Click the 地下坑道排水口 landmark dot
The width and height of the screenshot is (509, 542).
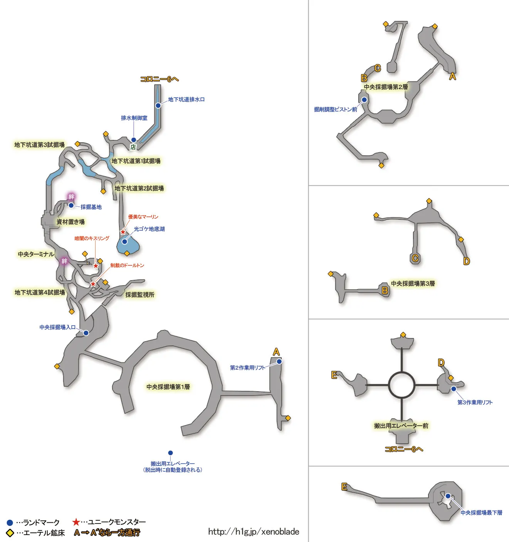click(x=158, y=105)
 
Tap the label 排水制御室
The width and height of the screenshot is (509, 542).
click(x=134, y=118)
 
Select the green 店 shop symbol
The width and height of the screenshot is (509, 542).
click(x=133, y=147)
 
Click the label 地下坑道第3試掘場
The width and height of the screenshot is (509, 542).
click(x=39, y=145)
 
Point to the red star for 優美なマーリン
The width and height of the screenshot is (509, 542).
click(x=123, y=232)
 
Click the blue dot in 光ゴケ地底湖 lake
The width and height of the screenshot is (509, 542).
click(x=125, y=242)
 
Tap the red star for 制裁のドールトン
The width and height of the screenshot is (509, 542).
click(x=93, y=284)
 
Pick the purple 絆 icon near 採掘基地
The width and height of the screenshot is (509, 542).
click(x=71, y=197)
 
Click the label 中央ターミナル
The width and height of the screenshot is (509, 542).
click(x=36, y=254)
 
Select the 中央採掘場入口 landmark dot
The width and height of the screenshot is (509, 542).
click(x=86, y=333)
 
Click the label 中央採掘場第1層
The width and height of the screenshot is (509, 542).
click(x=168, y=387)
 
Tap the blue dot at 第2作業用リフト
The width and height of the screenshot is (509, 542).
click(x=279, y=362)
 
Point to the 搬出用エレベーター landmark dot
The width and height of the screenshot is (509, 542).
click(x=170, y=453)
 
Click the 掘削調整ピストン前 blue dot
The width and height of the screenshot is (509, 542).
click(x=364, y=100)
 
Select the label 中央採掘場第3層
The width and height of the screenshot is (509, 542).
click(x=413, y=284)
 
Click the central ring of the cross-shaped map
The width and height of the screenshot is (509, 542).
click(x=401, y=385)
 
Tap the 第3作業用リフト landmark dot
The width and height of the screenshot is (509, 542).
click(x=454, y=389)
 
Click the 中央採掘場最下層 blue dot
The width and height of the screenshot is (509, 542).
click(x=448, y=496)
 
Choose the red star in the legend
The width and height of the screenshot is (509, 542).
click(x=76, y=522)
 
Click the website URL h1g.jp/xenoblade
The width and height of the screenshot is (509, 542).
click(x=254, y=532)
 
